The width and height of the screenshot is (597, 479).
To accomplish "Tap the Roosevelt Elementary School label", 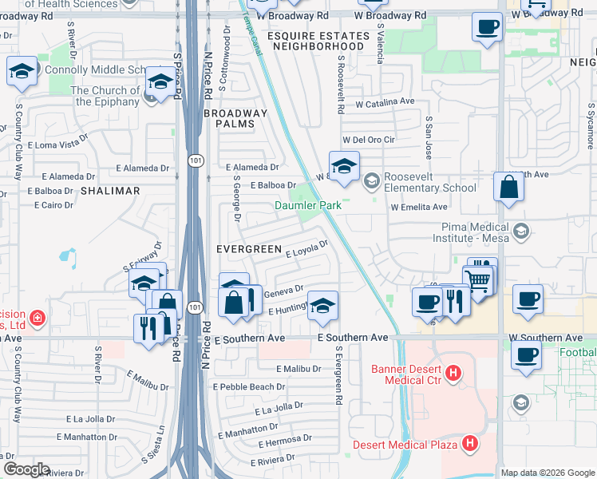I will pyautogui.click(x=430, y=182).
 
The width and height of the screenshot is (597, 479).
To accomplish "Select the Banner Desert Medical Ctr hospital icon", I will pyautogui.click(x=453, y=372).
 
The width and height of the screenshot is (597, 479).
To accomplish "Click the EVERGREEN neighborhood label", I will pyautogui.click(x=250, y=249).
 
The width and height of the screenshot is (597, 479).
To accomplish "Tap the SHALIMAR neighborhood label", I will pyautogui.click(x=109, y=191).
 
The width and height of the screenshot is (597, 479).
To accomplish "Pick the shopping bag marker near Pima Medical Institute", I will pyautogui.click(x=508, y=189).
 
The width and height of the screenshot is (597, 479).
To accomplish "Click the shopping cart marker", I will pyautogui.click(x=478, y=280).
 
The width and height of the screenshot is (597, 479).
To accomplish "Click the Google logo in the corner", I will pyautogui.click(x=26, y=469).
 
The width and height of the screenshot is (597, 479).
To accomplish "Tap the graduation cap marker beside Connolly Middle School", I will pyautogui.click(x=22, y=71).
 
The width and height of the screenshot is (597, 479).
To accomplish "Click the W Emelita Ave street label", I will pyautogui.click(x=418, y=207).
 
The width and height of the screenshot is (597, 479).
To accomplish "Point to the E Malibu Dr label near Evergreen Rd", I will pyautogui.click(x=298, y=369).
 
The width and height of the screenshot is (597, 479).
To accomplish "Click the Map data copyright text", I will pyautogui.click(x=547, y=473).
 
